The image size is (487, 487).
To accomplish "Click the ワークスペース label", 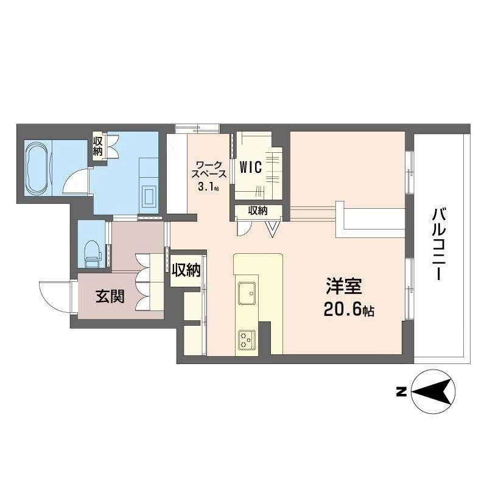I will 211,169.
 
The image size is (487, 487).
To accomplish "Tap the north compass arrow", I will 432,391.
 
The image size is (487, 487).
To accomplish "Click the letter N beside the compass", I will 401,392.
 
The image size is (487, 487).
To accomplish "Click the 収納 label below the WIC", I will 258,211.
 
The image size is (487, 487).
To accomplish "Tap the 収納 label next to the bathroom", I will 98,147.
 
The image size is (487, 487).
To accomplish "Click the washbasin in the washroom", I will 148,195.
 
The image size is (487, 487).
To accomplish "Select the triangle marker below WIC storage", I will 273,228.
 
